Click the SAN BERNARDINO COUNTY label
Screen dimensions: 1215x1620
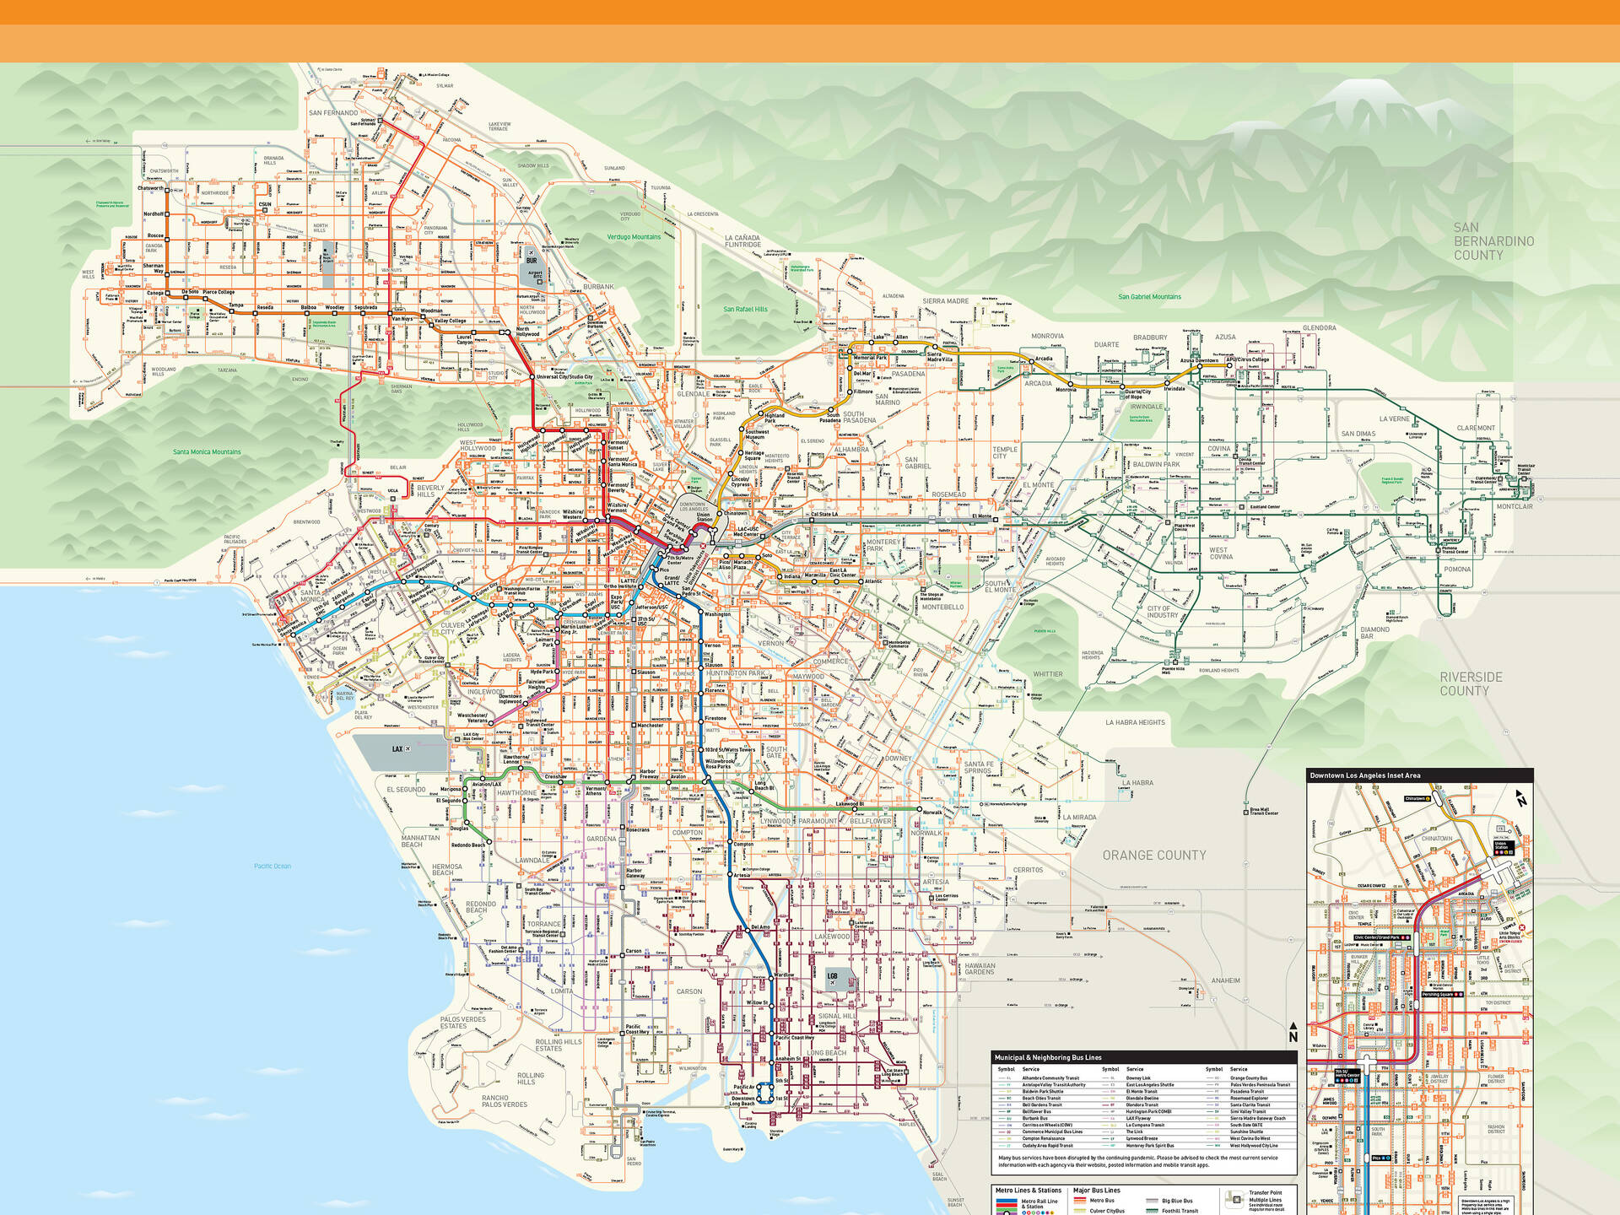(1493, 241)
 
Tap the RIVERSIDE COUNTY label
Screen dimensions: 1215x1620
(1471, 683)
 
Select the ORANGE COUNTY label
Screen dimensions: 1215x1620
(1153, 855)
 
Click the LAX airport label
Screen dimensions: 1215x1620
(397, 748)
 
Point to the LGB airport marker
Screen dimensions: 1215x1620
(832, 976)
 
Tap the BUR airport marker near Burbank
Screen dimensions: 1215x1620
(532, 261)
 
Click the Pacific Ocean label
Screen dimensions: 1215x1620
(273, 866)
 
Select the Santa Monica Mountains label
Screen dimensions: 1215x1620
(207, 452)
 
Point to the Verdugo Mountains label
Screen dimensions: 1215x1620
(634, 237)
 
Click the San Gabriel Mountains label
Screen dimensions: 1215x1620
(1149, 297)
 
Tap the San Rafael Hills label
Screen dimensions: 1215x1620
(745, 310)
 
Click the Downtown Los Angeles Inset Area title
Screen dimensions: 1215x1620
(1364, 775)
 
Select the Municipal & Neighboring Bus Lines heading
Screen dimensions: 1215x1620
(1047, 1057)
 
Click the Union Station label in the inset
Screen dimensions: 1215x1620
(1500, 845)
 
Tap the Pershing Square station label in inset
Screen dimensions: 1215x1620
(1438, 994)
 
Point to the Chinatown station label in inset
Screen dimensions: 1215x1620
(1415, 798)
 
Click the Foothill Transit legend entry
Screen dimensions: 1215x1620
(1180, 1211)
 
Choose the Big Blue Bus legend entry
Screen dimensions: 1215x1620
(1176, 1201)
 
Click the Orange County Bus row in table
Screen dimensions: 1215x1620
(1248, 1078)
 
